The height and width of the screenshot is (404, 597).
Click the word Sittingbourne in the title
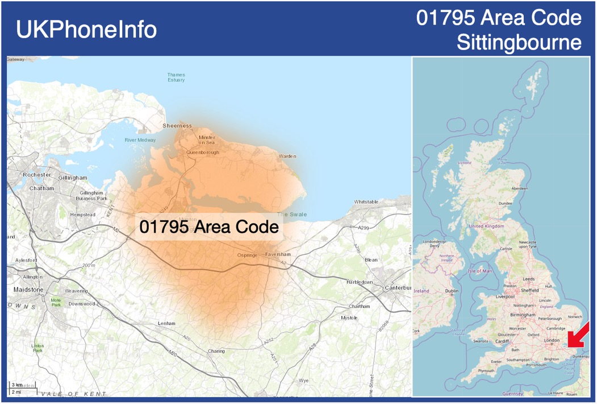point(519,43)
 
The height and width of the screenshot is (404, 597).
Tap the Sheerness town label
point(177,126)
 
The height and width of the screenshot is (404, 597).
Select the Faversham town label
point(278,254)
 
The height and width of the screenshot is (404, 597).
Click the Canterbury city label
point(398,287)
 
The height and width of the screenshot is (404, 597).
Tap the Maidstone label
point(28,290)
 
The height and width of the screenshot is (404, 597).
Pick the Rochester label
point(37,175)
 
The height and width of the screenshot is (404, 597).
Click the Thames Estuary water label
point(176,77)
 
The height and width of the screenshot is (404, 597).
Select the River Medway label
point(140,140)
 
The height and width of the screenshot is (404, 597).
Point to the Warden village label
point(287,156)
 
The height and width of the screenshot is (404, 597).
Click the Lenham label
point(166,323)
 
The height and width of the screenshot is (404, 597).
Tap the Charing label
point(216,351)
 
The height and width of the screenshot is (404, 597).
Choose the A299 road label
point(364,228)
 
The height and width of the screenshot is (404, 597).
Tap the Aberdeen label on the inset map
point(519,188)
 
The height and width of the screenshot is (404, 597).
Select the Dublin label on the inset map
point(452,291)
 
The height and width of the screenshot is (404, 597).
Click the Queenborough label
point(203,152)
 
